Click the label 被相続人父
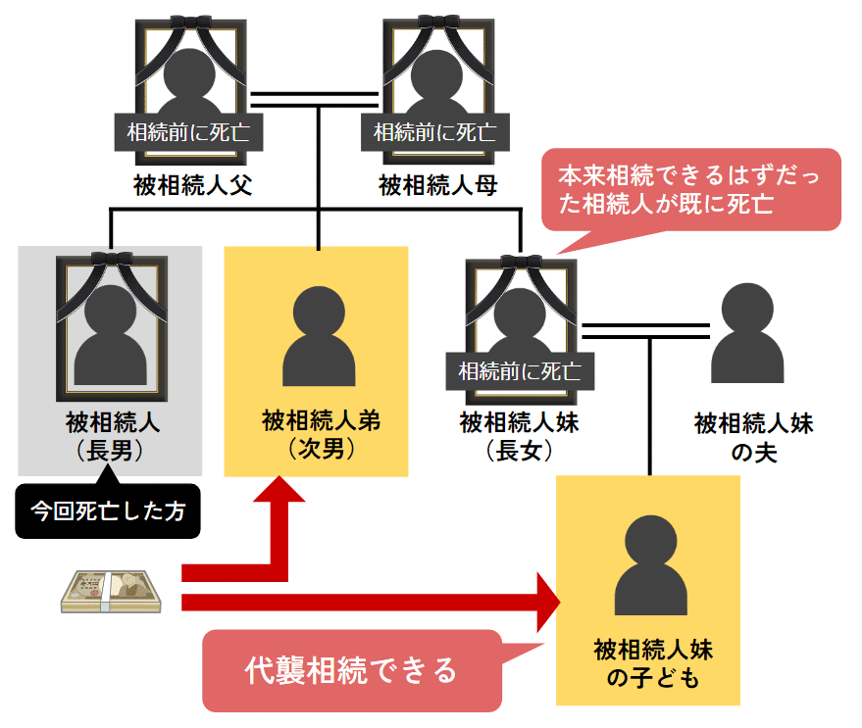click(x=193, y=185)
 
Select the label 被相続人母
click(x=438, y=185)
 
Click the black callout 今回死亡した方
click(x=107, y=510)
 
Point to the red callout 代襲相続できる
click(x=351, y=670)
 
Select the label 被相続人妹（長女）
click(x=520, y=436)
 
